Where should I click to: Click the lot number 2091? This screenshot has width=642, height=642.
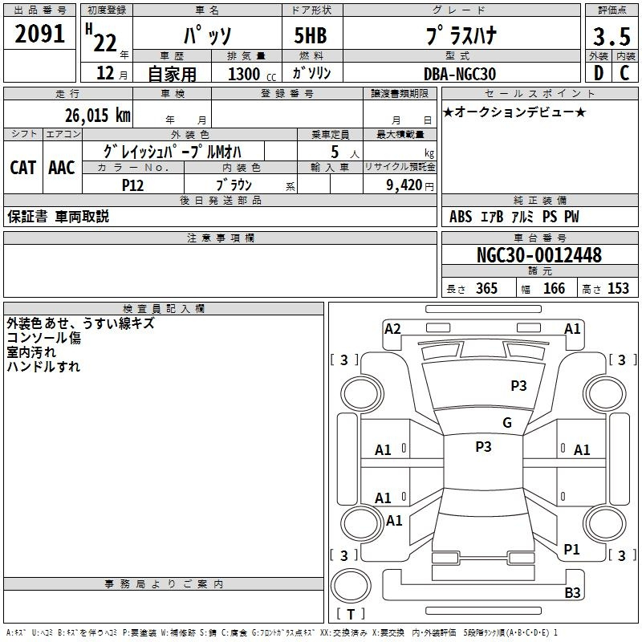(39, 34)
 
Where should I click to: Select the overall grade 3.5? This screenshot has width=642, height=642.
(612, 36)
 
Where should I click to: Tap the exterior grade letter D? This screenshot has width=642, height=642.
(599, 73)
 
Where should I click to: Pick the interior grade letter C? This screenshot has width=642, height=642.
(624, 73)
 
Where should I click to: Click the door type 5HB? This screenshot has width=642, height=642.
(311, 35)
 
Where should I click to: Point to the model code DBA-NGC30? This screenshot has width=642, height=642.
(460, 74)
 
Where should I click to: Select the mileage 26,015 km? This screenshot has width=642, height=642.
(97, 115)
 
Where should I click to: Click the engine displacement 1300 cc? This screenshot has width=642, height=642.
(252, 74)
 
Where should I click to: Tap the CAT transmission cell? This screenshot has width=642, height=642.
(23, 168)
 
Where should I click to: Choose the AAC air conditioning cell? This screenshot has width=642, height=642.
(62, 168)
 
